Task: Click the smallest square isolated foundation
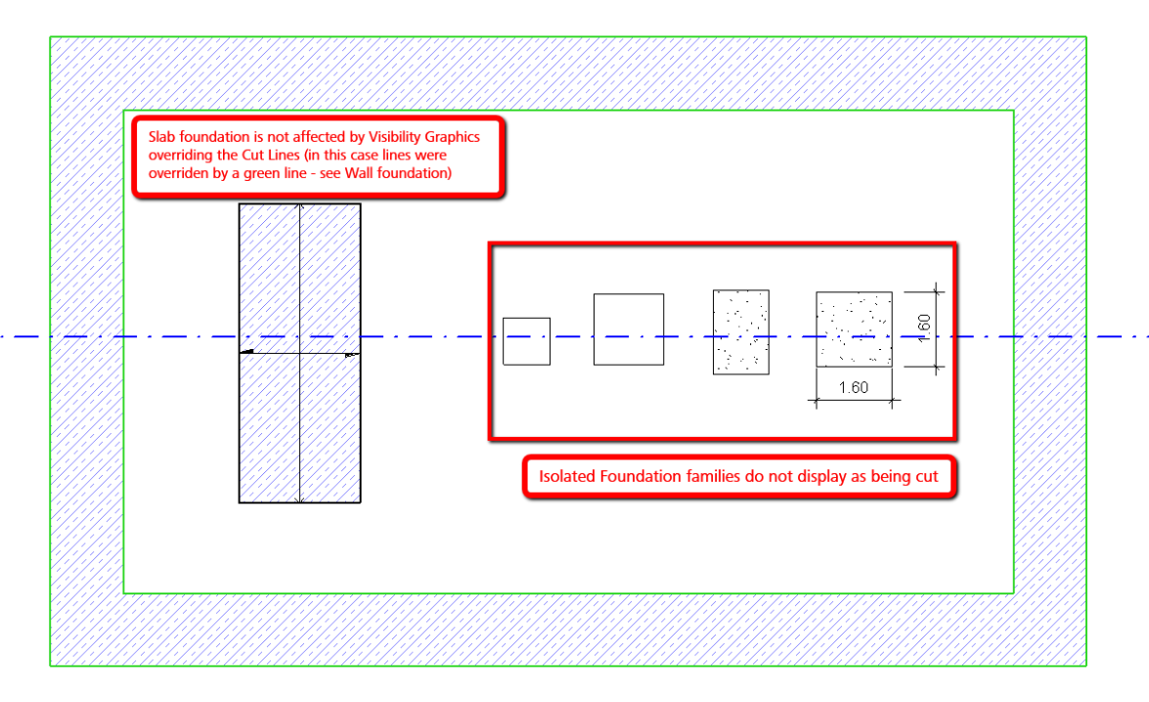coord(526,341)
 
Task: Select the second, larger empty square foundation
coord(629,329)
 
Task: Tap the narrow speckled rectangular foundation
coord(741,331)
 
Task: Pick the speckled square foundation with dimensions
coord(854,329)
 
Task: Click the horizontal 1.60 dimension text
coord(854,387)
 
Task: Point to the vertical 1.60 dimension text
coord(925,328)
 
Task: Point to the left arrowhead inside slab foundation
coord(247,351)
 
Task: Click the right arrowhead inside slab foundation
coord(352,355)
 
